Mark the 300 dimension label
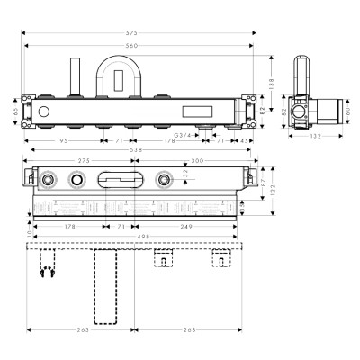coord(198,161)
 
